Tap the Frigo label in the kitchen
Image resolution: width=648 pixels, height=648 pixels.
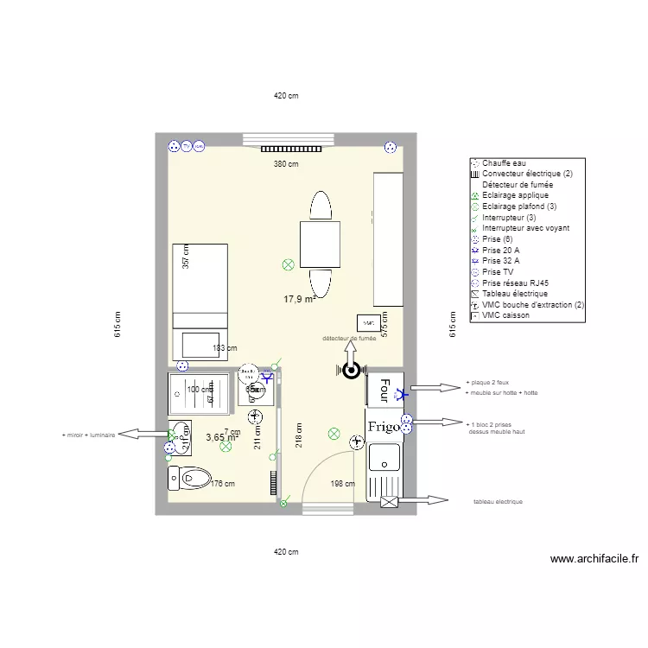tap(383, 427)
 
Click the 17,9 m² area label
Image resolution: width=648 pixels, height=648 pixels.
tap(299, 299)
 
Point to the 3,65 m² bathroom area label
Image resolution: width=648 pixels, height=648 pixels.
tap(221, 438)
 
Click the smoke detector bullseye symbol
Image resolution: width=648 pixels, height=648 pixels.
tap(352, 371)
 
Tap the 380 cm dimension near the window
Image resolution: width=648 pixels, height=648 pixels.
tap(286, 163)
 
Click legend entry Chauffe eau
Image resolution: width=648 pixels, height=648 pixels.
tap(504, 163)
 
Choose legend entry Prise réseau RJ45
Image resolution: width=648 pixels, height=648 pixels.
tap(515, 283)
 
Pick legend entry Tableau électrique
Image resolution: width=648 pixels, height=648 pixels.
tap(515, 294)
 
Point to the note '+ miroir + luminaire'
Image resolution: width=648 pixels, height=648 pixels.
tap(88, 435)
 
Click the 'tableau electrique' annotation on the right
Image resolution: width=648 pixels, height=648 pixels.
tap(498, 501)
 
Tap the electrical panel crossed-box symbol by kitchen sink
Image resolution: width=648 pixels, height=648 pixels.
tap(388, 501)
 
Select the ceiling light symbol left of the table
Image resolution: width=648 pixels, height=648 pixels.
tap(288, 264)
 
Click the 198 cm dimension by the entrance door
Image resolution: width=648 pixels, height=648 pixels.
tap(343, 484)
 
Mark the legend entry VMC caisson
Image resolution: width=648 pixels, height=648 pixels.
tap(505, 315)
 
